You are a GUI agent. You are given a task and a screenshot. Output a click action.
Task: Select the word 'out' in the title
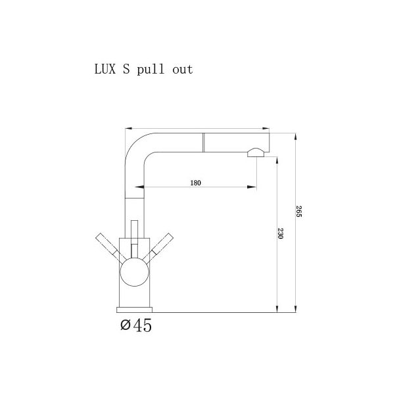coord(182,69)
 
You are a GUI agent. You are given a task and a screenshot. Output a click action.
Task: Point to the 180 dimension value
coord(195,183)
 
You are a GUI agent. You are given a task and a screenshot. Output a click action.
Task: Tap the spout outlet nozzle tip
coord(255,153)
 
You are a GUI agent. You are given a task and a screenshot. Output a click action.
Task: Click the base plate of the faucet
coord(135,310)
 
